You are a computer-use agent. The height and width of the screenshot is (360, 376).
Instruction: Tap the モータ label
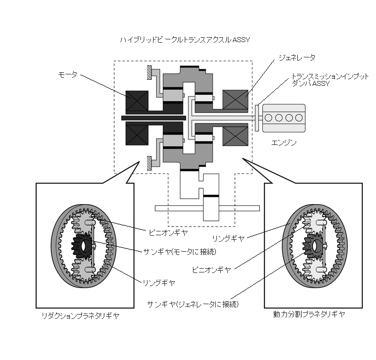coord(68,74)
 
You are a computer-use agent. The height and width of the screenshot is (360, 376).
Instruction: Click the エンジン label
coord(284,143)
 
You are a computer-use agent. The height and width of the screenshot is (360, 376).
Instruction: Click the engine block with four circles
coord(280,118)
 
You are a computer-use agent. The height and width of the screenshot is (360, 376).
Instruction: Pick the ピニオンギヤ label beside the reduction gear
coord(168,233)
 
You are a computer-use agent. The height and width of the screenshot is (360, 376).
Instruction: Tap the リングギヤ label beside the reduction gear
coord(158,282)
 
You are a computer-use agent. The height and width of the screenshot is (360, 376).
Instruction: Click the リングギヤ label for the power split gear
coord(230,238)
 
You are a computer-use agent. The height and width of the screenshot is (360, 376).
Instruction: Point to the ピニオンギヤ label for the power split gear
coord(211,269)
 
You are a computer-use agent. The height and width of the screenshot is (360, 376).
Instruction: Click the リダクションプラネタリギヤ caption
coord(80,316)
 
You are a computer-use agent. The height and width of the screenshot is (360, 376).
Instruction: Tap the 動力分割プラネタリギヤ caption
coord(309,315)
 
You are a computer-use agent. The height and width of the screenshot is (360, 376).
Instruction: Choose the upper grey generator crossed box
coord(236,101)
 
